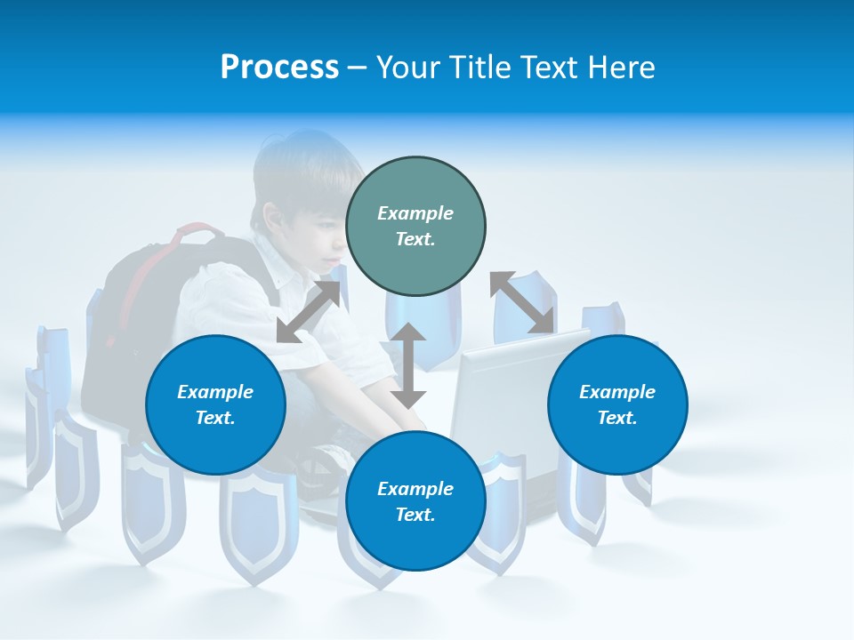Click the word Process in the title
pyautogui.click(x=279, y=68)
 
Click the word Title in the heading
pyautogui.click(x=478, y=68)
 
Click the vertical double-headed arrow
pyautogui.click(x=408, y=365)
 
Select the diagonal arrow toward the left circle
pyautogui.click(x=308, y=312)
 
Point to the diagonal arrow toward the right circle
pyautogui.click(x=522, y=303)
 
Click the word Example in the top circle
pyautogui.click(x=415, y=213)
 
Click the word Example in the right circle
pyautogui.click(x=617, y=392)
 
